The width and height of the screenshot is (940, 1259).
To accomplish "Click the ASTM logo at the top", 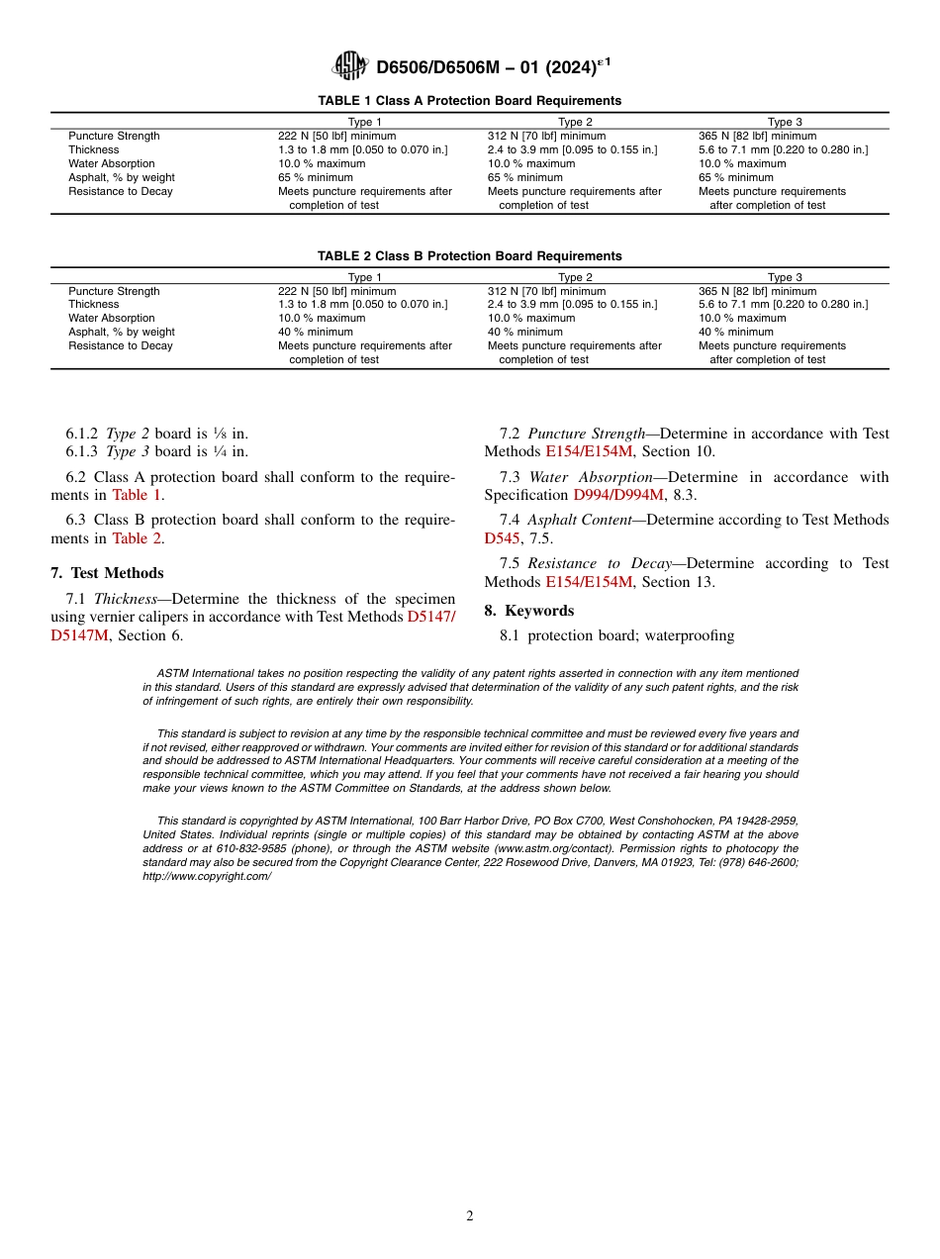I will point(350,65).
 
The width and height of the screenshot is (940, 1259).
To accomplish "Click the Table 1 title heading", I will point(469,101).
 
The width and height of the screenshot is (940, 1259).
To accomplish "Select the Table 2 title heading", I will point(469,256).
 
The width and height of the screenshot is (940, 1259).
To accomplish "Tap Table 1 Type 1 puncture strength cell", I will point(336,137).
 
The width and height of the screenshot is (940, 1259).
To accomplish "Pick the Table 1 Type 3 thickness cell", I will point(783,150).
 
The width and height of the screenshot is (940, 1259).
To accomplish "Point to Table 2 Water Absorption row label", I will point(111,319).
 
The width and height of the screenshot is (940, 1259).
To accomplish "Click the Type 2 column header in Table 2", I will point(575,277).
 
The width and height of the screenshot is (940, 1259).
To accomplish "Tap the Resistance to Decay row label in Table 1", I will point(120,192).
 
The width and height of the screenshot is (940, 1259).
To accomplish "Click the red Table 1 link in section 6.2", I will point(137,496).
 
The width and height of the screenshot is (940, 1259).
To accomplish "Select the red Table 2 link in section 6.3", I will point(137,539).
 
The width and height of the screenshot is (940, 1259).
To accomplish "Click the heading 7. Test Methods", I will point(107,573).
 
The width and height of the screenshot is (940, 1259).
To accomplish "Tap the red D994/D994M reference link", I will point(618,496).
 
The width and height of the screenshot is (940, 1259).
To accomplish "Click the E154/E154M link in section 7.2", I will point(589,452).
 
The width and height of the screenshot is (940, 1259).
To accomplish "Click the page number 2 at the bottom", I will point(470,1216).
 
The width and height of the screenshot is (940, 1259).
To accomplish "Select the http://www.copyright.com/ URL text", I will point(206,877).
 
